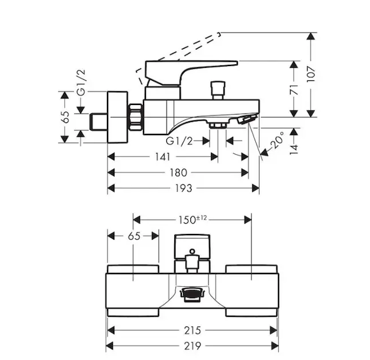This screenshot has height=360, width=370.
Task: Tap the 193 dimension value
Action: pyautogui.click(x=184, y=188)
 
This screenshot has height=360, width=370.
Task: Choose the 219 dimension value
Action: pyautogui.click(x=192, y=346)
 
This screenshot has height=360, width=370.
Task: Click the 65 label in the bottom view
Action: pyautogui.click(x=133, y=236)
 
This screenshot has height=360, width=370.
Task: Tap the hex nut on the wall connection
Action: pyautogui.click(x=137, y=116)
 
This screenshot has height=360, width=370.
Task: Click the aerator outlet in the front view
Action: pyautogui.click(x=192, y=295)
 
